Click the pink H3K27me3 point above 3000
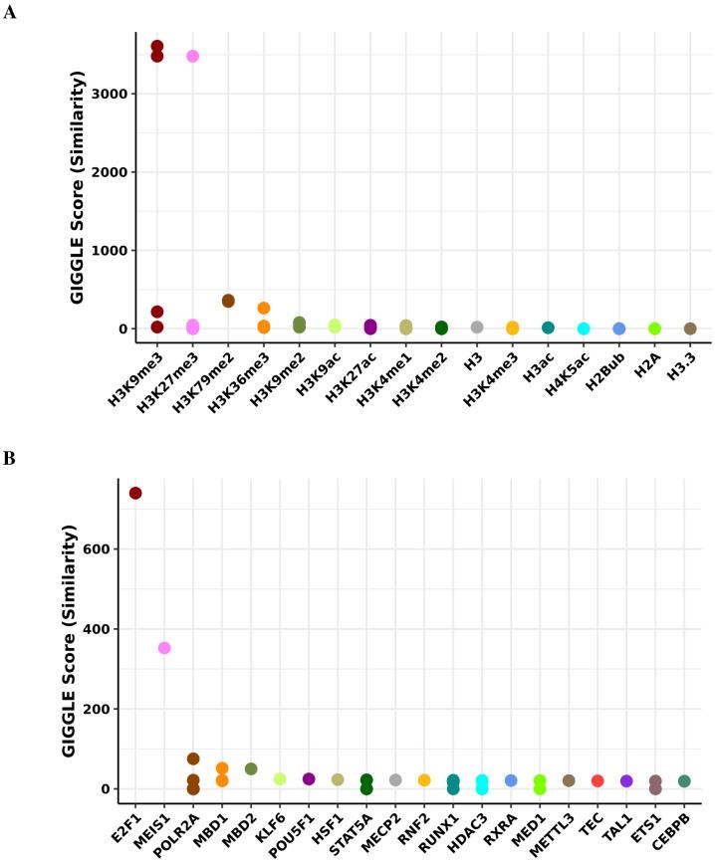pos(192,57)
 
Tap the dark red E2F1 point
pos(135,494)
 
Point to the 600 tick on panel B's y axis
pos(111,549)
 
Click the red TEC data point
pos(597,781)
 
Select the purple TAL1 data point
pos(626,781)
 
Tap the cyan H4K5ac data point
pos(584,328)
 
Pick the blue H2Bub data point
pos(619,328)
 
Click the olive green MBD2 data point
pos(251,769)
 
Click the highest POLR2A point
pos(193,759)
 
